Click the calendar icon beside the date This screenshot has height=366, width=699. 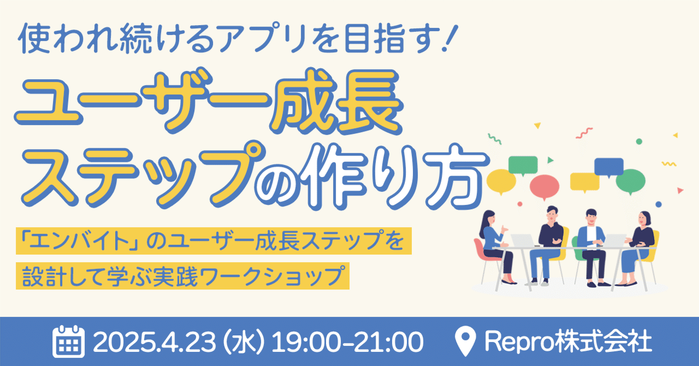pyautogui.click(x=68, y=341)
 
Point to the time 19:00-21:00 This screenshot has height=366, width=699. pyautogui.click(x=347, y=342)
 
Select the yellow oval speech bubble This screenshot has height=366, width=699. pyautogui.click(x=501, y=180)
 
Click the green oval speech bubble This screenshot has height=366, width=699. pyautogui.click(x=633, y=179)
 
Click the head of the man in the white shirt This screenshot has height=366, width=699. pyautogui.click(x=591, y=217)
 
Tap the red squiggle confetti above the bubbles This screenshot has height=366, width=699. pyautogui.click(x=584, y=133)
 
